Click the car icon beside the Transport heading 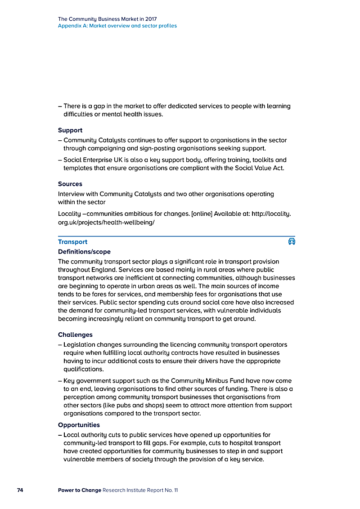(292, 241)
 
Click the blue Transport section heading (72, 242)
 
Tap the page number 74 (20, 490)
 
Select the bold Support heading (70, 130)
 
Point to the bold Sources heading (70, 184)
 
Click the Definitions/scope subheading (84, 252)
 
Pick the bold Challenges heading (75, 335)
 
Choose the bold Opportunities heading (79, 425)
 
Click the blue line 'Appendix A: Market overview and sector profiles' (117, 26)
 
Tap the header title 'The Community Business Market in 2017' (107, 19)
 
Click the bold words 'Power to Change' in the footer (79, 490)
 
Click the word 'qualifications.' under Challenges (84, 369)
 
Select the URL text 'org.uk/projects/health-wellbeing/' (106, 222)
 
